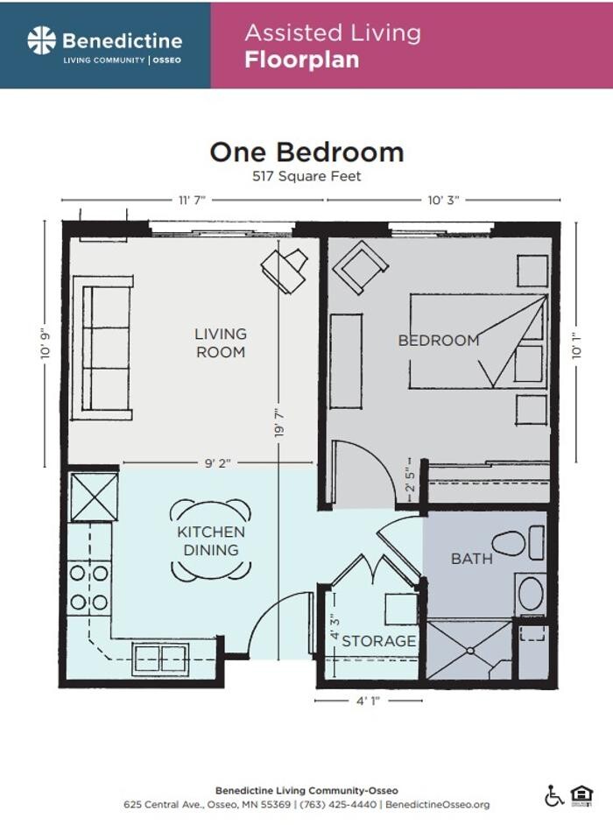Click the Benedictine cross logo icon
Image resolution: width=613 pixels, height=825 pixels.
pyautogui.click(x=41, y=40)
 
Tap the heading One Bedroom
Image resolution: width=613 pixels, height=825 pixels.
pyautogui.click(x=306, y=152)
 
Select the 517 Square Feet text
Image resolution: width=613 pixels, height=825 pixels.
pyautogui.click(x=306, y=176)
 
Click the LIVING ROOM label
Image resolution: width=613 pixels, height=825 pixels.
pyautogui.click(x=220, y=342)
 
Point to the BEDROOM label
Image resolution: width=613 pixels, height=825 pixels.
pyautogui.click(x=439, y=340)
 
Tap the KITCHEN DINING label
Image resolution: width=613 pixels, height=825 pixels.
pyautogui.click(x=210, y=541)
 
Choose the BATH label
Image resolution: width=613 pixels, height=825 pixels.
pyautogui.click(x=471, y=558)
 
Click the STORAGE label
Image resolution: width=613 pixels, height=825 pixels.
pyautogui.click(x=378, y=641)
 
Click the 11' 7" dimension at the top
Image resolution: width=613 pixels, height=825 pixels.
pyautogui.click(x=192, y=201)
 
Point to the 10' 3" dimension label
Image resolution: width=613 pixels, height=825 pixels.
pyautogui.click(x=443, y=201)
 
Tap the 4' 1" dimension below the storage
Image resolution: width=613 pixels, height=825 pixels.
pyautogui.click(x=368, y=700)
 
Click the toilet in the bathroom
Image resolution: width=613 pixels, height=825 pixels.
pyautogui.click(x=517, y=544)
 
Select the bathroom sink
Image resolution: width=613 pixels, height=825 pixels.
pyautogui.click(x=531, y=593)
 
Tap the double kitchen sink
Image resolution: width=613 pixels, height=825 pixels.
pyautogui.click(x=160, y=659)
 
